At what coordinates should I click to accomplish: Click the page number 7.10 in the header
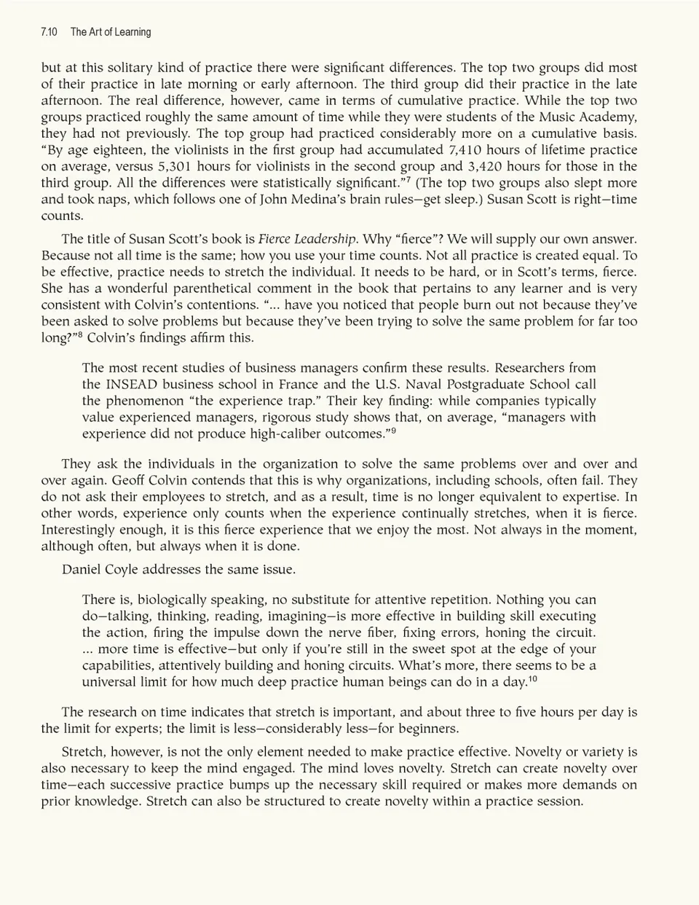(50, 32)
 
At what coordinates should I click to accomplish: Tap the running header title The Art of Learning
(111, 32)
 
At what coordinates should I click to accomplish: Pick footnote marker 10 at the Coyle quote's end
(533, 678)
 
